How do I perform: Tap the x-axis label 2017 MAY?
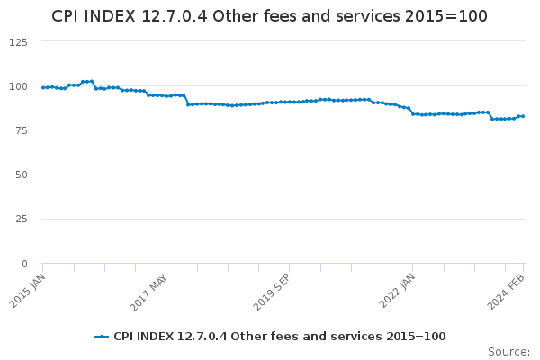tap(148, 292)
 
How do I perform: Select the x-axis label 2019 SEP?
tap(272, 292)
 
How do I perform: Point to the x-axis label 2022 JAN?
tap(396, 292)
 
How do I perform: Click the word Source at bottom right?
tap(508, 351)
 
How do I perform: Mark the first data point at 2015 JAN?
tap(42, 87)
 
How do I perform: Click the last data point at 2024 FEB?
tap(523, 116)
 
